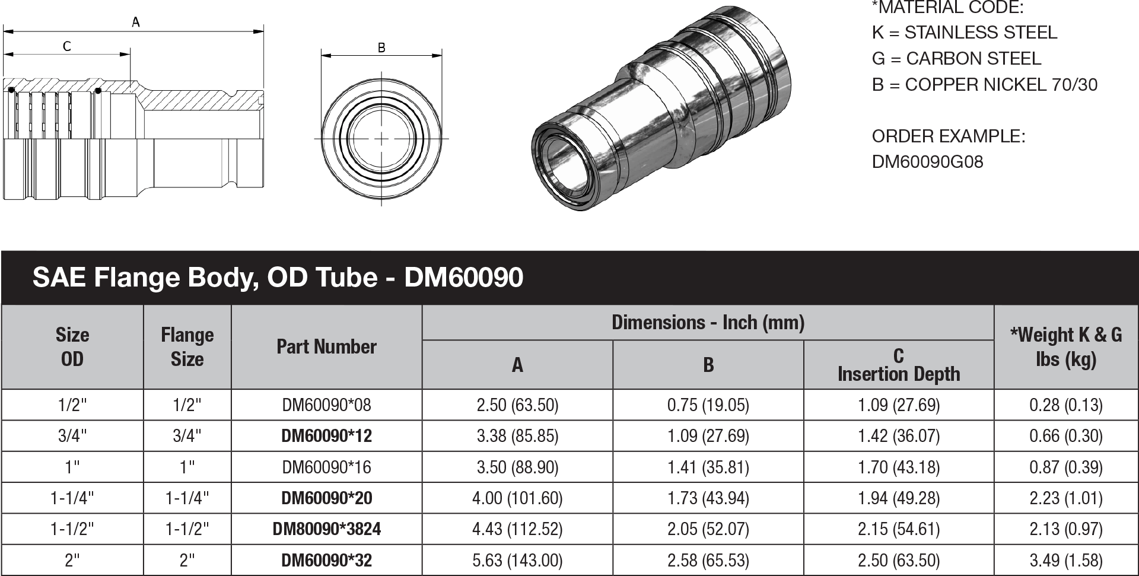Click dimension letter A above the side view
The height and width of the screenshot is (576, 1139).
pos(135,23)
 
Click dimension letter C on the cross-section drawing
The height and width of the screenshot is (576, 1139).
pos(66,46)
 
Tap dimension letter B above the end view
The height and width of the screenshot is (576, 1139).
pos(381,48)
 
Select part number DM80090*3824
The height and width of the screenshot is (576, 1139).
pos(326,529)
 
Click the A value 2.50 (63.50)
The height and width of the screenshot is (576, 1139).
pos(517,405)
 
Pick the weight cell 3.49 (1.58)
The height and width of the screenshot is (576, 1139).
pos(1065,560)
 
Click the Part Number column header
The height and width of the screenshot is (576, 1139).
pos(326,346)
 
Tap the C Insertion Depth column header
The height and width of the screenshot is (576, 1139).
pos(898,365)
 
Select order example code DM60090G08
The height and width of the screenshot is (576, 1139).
pos(927,162)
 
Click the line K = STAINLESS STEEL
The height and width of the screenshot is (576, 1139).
pos(964,33)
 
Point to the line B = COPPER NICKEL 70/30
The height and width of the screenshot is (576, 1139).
pos(984,85)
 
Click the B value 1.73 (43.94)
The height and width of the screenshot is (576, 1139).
pos(708,498)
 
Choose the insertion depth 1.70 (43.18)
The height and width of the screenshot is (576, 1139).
pos(898,467)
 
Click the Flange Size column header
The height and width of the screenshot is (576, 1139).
pos(187,346)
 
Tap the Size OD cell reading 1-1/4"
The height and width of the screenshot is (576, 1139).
pos(72,498)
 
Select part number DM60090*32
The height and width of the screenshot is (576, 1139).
pos(326,560)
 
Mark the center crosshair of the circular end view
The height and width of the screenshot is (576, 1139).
pos(381,139)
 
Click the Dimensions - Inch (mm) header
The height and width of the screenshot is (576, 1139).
pos(708,323)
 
